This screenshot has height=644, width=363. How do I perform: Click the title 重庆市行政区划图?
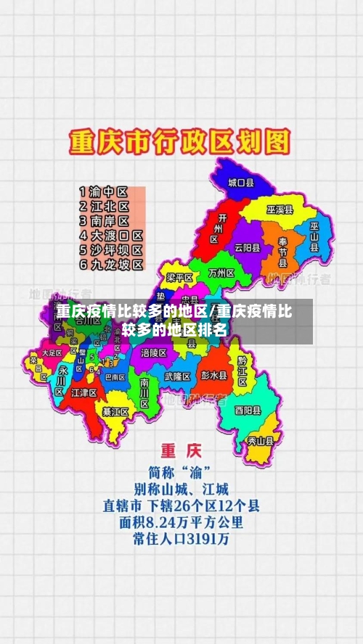click(179, 141)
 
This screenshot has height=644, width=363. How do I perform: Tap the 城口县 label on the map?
click(240, 183)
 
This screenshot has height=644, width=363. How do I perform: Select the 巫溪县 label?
click(280, 210)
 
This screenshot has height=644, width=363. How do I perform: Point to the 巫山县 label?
click(314, 236)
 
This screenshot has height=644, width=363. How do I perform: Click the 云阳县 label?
click(247, 247)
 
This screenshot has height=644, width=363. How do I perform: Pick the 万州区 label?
click(221, 273)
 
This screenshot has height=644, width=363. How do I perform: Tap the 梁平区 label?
click(179, 278)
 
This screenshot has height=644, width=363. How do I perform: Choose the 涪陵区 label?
click(154, 352)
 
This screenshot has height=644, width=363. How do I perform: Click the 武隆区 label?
click(177, 376)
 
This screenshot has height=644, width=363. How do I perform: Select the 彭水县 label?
click(214, 376)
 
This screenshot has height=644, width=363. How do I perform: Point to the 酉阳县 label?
click(248, 410)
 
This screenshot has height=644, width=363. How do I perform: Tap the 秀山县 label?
click(261, 439)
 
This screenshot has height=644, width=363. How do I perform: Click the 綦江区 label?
click(115, 411)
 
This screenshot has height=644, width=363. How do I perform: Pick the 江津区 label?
click(84, 392)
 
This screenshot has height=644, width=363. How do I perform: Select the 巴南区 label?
click(115, 377)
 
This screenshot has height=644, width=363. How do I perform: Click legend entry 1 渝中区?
click(104, 192)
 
